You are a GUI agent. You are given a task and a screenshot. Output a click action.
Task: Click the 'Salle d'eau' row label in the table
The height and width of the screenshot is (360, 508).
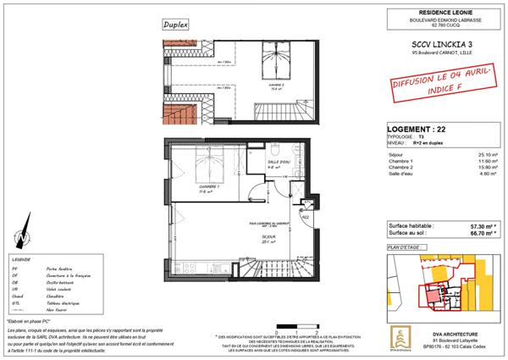click(x=399, y=173)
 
